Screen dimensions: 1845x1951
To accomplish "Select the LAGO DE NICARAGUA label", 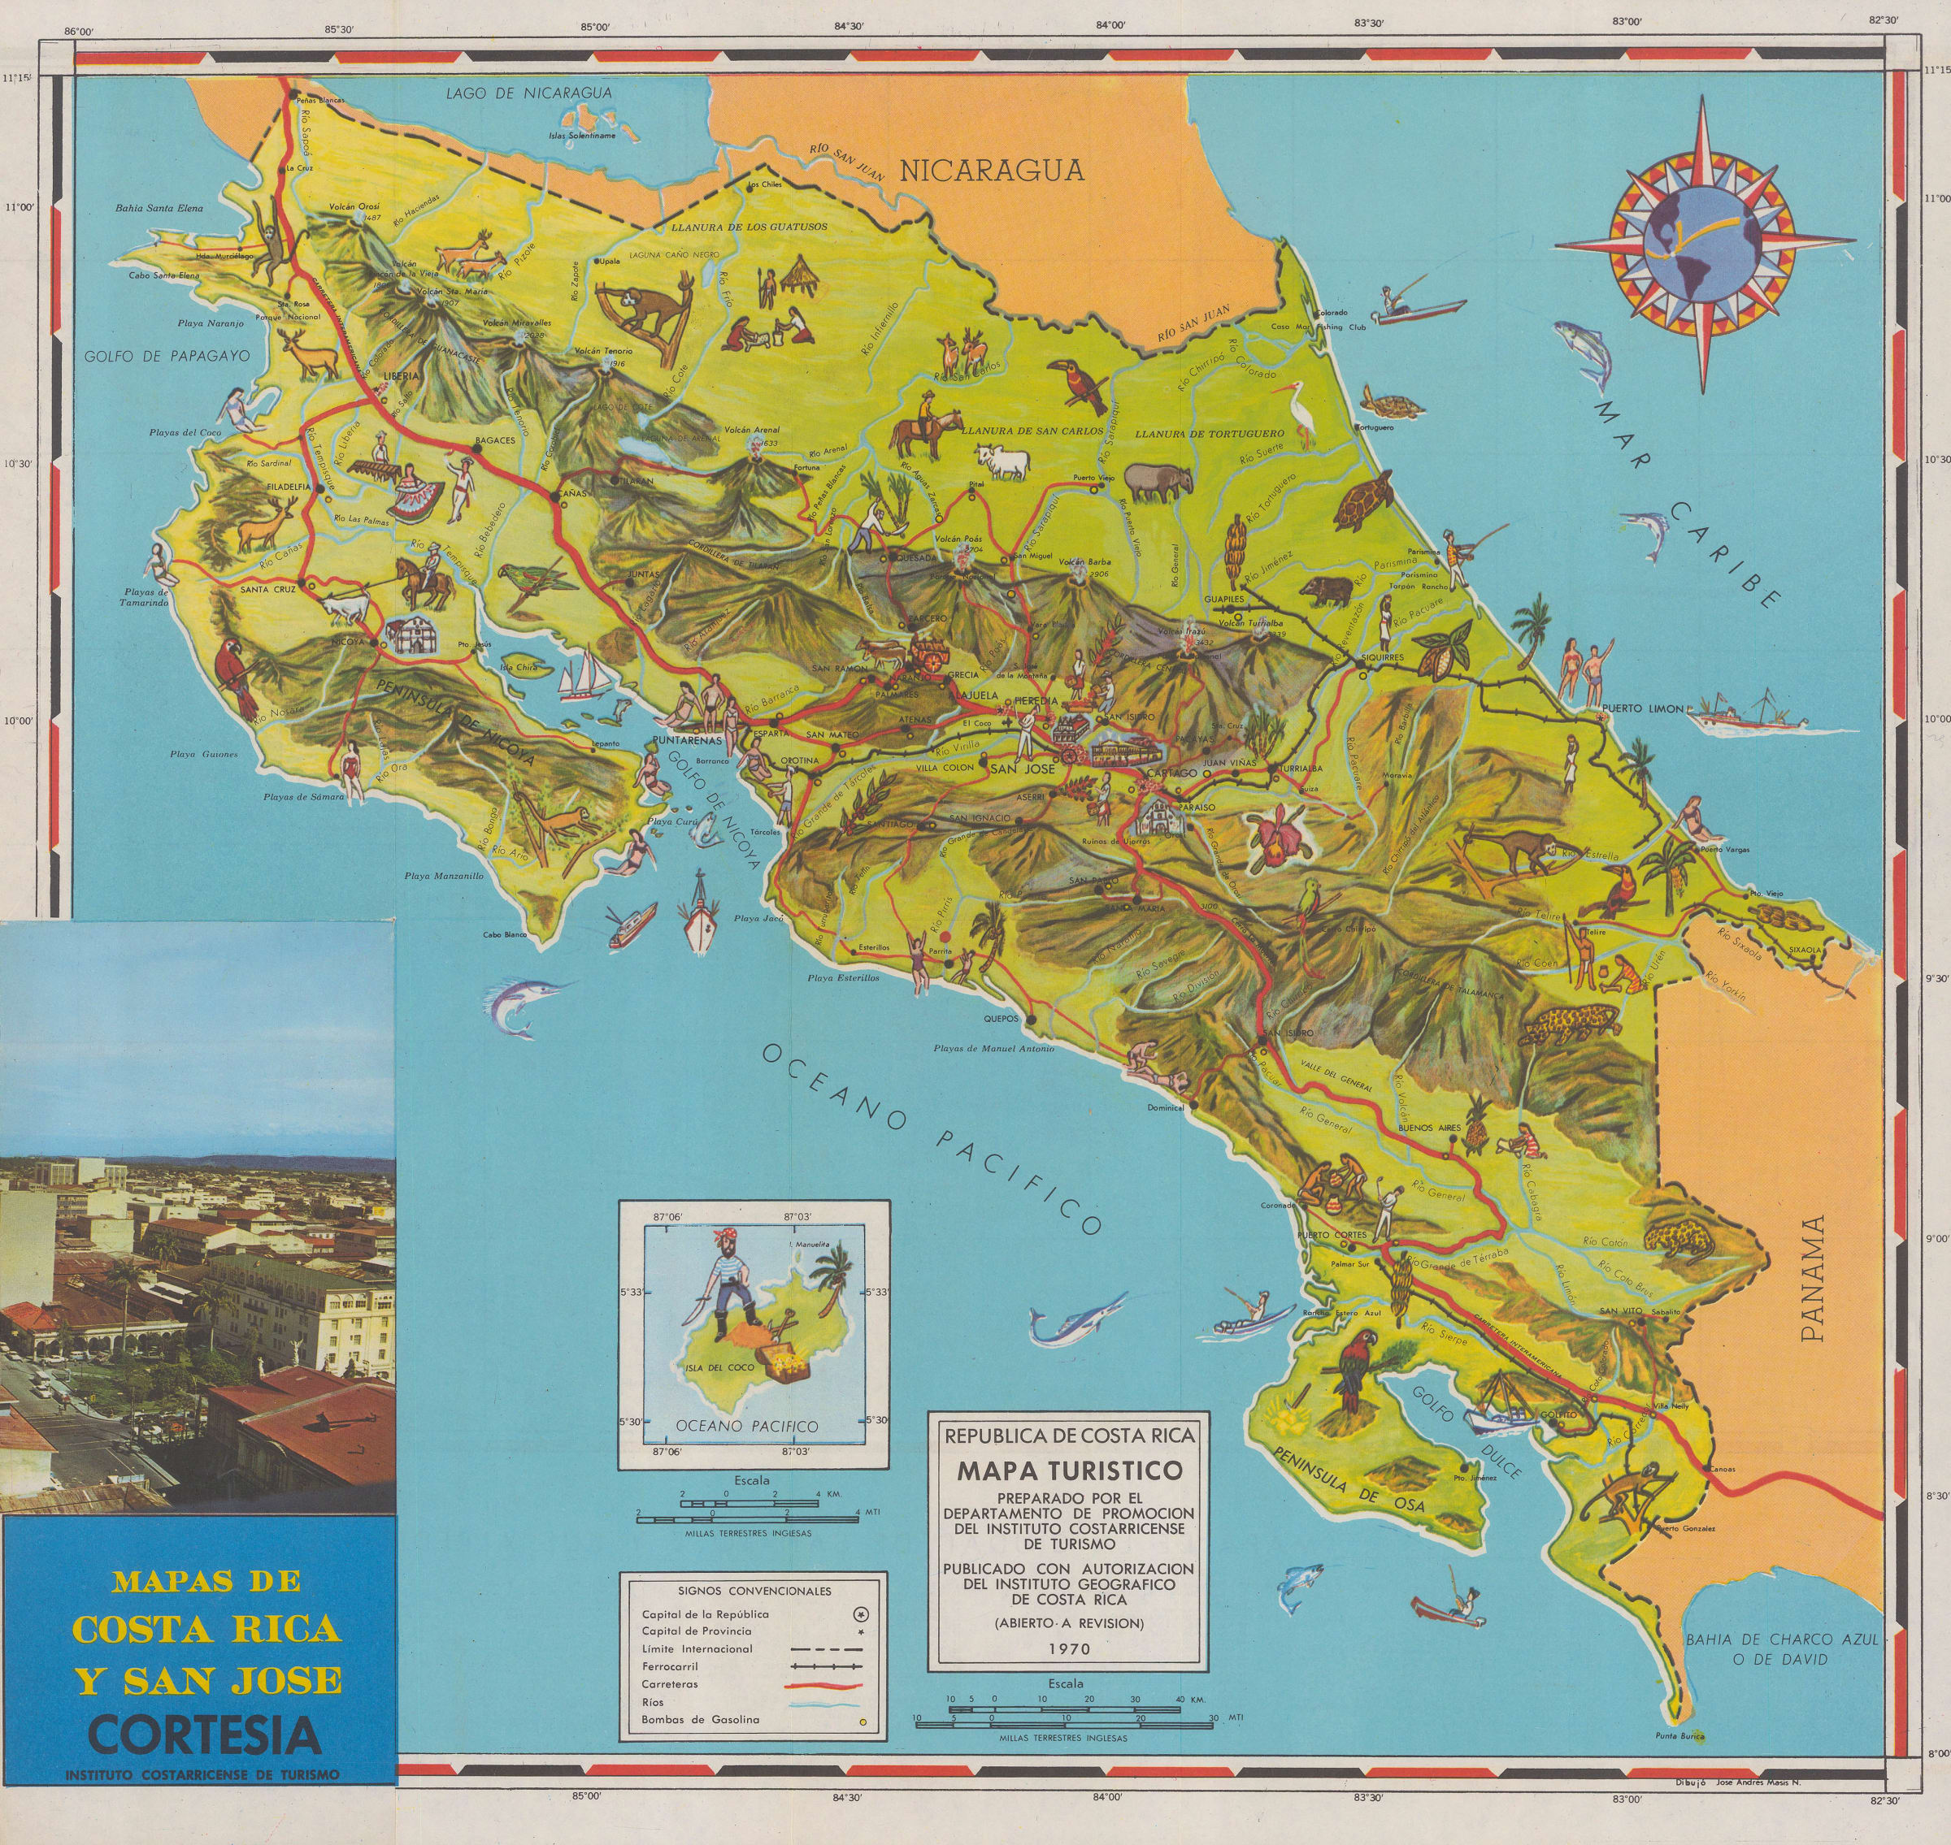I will [528, 93].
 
